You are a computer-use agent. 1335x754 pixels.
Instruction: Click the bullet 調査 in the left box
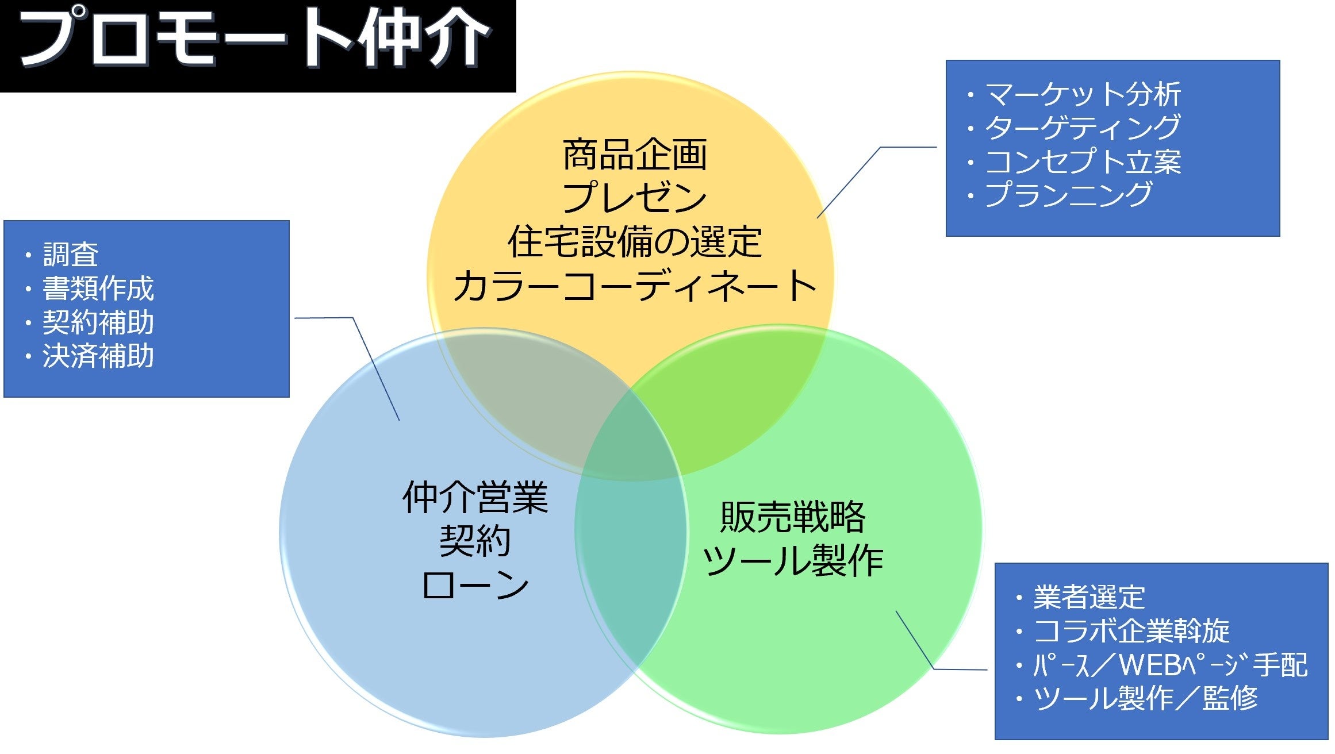click(x=71, y=255)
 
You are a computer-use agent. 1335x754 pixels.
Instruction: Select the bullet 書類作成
click(x=98, y=288)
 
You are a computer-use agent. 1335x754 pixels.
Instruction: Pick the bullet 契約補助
click(x=98, y=322)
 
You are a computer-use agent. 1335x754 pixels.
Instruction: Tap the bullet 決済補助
click(x=98, y=356)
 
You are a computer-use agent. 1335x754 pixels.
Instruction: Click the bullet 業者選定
click(x=1089, y=598)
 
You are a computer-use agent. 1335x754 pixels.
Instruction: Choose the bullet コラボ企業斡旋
click(x=1131, y=631)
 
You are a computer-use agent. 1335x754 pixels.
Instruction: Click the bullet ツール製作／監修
click(x=1145, y=699)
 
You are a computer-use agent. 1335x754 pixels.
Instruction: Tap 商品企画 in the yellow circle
click(x=635, y=155)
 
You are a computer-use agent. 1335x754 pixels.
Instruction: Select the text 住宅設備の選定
click(x=635, y=242)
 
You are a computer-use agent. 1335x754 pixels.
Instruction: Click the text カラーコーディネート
click(x=635, y=286)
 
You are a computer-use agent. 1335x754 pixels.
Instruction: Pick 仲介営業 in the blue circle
click(x=475, y=498)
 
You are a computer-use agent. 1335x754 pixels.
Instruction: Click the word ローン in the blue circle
click(x=475, y=585)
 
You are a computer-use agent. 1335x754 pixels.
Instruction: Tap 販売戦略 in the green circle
click(x=793, y=517)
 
